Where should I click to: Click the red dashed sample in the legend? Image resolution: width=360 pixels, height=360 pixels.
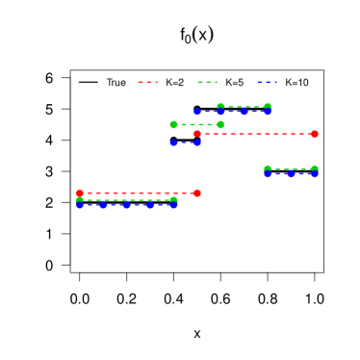coord(147,83)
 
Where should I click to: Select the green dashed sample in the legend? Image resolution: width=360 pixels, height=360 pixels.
coord(207,83)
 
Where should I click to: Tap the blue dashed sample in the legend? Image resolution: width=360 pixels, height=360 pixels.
coord(267,83)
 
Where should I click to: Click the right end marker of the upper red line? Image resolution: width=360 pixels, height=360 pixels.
coord(315,134)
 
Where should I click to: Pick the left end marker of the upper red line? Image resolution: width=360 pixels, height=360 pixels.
coord(197,134)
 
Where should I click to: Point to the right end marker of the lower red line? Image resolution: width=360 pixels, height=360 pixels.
coord(197,193)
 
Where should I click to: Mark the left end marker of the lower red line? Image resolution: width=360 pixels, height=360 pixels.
coord(80,193)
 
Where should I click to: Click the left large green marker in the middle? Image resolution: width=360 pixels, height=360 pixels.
coord(174,124)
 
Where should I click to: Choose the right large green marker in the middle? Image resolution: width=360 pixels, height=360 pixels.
coord(220,124)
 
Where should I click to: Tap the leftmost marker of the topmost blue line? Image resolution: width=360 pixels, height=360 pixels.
coord(197,112)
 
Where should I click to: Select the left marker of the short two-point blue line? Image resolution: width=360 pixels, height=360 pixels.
coord(174,142)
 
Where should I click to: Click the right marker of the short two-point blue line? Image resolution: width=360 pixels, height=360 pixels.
coord(197,142)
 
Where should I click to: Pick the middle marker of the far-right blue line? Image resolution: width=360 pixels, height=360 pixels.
coord(291,174)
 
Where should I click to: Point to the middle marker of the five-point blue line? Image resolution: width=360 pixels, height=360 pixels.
coord(127,205)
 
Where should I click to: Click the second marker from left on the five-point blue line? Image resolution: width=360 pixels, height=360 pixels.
coord(103,205)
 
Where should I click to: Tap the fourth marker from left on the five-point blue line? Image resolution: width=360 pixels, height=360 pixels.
coord(150,205)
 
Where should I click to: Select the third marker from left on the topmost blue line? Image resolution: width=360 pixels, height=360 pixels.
coord(244,112)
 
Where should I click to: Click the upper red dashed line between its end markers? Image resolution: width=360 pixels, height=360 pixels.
coord(256,134)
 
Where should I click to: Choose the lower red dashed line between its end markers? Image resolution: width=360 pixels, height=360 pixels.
coord(139,193)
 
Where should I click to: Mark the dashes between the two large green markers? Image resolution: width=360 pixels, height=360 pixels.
coord(197,124)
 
